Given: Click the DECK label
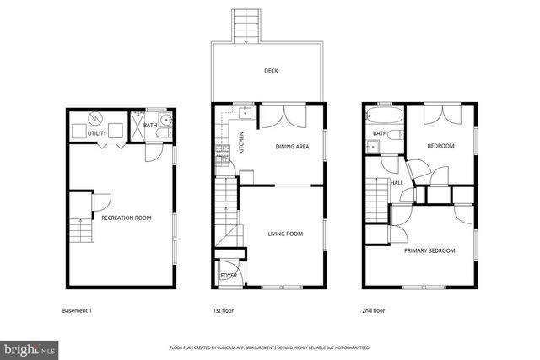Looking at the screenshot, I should pos(270,72).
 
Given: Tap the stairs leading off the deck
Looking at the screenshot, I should pos(246,24).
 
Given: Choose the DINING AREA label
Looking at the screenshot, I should pos(292,147).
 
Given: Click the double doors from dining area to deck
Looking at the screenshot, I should pos(279,116).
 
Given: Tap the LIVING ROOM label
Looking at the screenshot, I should pos(285,234).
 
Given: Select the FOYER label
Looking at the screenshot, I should pos(229,276).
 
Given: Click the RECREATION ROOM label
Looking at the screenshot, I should pos(126,218).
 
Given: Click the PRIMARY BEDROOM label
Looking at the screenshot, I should pos(429,250).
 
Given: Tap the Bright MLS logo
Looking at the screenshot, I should pos(29,348).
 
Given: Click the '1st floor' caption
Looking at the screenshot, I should pos(223,311).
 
